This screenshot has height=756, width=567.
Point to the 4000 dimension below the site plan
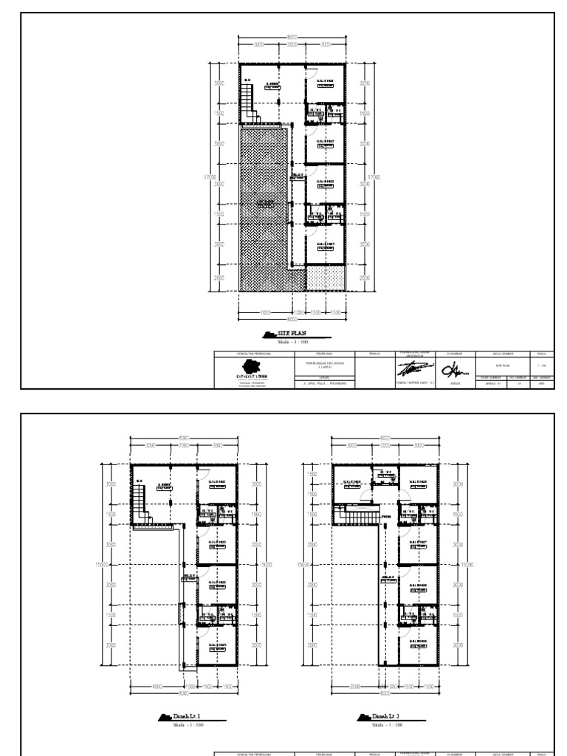tap(265, 313)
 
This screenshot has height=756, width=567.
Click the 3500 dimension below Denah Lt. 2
tap(356, 687)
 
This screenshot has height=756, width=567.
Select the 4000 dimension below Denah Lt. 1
tap(157, 687)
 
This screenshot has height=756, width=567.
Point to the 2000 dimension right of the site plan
tap(364, 278)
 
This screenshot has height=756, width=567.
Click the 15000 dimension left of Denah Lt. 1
tap(103, 564)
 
